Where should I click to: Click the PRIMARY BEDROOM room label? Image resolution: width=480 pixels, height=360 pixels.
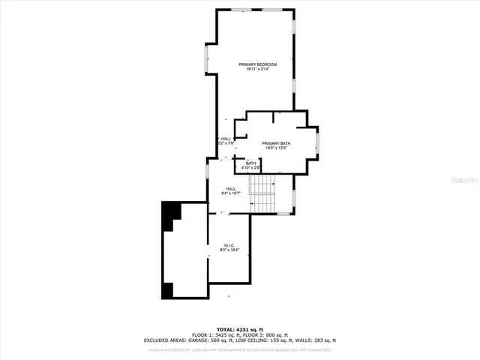pyautogui.click(x=258, y=64)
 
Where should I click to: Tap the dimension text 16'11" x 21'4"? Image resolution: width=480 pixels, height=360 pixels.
pyautogui.click(x=258, y=70)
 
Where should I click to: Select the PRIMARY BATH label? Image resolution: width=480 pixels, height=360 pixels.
pyautogui.click(x=276, y=143)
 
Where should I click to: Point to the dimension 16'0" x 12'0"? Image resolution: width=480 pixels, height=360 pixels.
pyautogui.click(x=276, y=148)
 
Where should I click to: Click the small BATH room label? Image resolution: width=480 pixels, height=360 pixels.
pyautogui.click(x=250, y=163)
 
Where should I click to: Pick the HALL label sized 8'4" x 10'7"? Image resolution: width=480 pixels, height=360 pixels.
pyautogui.click(x=231, y=188)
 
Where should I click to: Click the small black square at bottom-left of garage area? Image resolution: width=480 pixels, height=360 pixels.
pyautogui.click(x=168, y=289)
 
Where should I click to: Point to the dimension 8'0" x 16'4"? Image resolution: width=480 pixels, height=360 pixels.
pyautogui.click(x=229, y=249)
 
